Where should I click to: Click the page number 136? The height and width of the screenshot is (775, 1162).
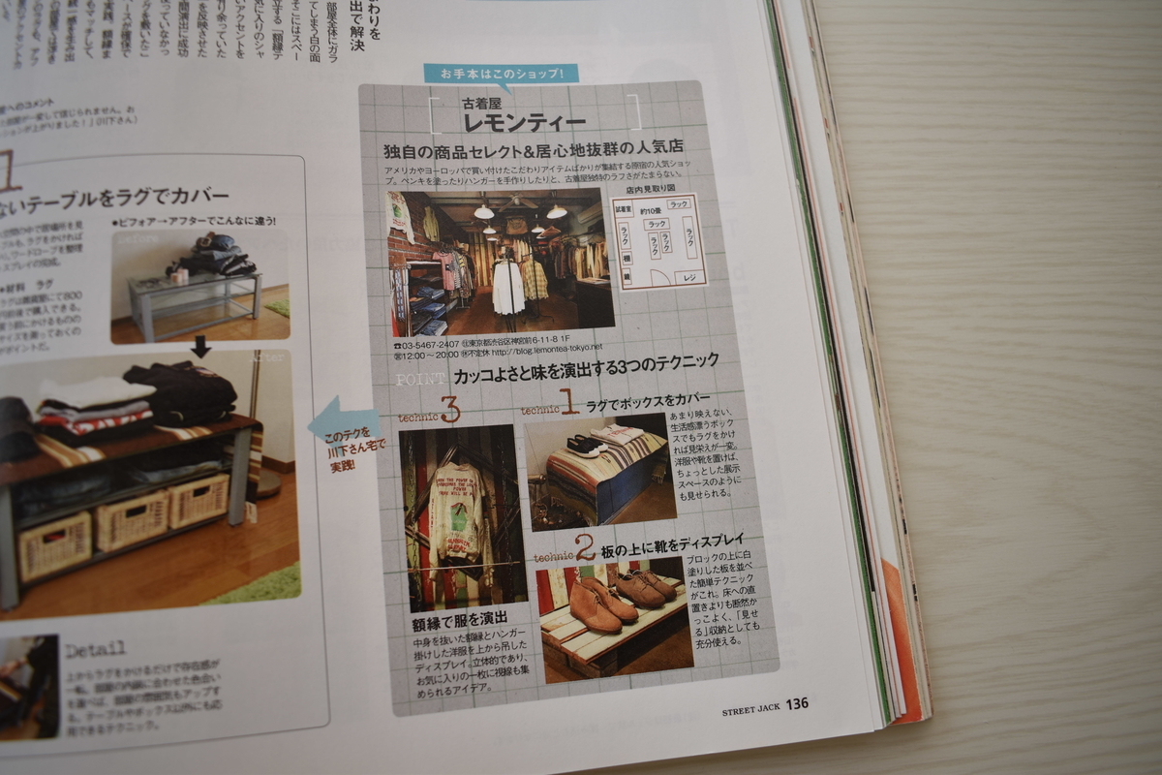(x=796, y=703)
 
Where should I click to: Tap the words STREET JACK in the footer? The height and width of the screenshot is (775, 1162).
(x=750, y=709)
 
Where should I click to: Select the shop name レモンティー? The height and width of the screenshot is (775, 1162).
(x=524, y=122)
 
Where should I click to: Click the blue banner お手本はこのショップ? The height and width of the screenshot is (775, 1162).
(x=500, y=74)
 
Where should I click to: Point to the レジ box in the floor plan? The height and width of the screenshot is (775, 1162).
(x=689, y=277)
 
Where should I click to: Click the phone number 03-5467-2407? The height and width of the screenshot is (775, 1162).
(x=426, y=344)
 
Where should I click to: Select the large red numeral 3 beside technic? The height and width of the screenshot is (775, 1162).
(x=449, y=411)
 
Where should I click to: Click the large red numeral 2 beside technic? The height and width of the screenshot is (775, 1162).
(x=585, y=550)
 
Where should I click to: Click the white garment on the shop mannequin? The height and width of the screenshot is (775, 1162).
(x=507, y=287)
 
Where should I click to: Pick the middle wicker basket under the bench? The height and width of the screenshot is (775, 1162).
(x=132, y=520)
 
